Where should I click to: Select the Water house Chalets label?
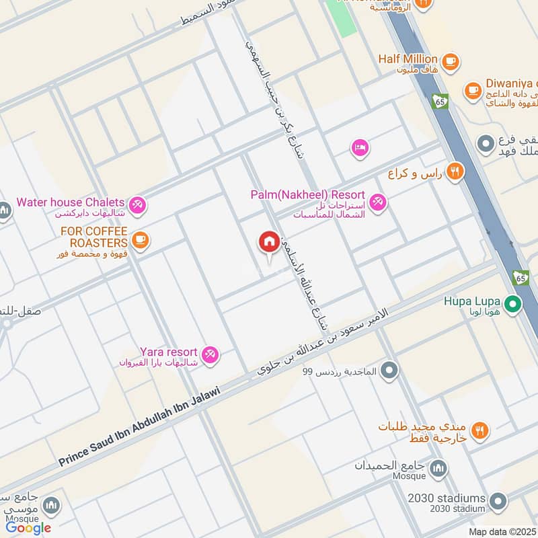pos(71,202)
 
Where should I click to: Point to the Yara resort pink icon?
pos(210,354)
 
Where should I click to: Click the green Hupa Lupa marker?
pos(514,306)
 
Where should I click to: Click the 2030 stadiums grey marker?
pos(498,501)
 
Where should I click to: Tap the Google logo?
pos(28,528)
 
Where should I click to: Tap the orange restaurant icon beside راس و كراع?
pos(455,172)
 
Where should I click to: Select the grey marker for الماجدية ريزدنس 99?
pos(389,371)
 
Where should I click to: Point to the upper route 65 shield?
pos(440,102)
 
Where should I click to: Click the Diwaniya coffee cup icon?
pos(473,89)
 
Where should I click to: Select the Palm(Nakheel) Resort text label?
pos(307,194)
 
